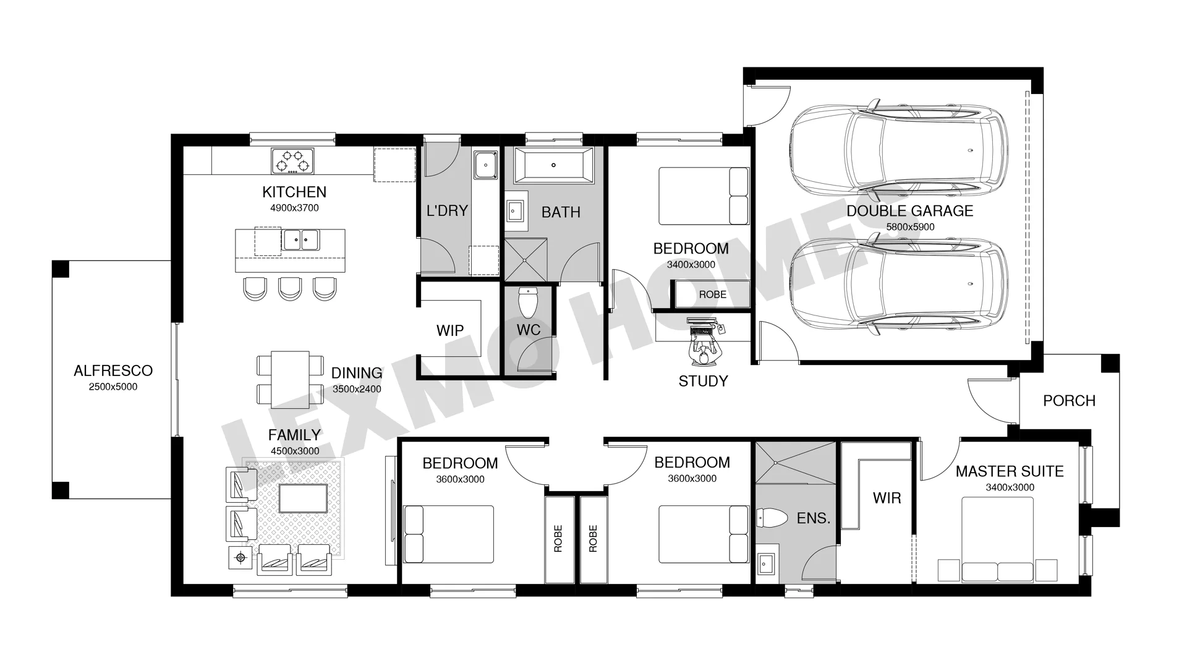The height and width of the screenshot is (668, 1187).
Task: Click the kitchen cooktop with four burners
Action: [292, 161]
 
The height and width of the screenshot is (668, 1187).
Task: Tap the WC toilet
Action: [529, 302]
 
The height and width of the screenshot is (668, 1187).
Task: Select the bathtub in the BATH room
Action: [553, 165]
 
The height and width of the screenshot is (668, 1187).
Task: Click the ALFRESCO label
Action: [113, 370]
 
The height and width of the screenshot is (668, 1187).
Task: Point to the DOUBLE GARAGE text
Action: [910, 211]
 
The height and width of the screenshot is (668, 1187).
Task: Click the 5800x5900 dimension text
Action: [910, 227]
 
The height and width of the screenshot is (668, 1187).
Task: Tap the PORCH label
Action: [1069, 401]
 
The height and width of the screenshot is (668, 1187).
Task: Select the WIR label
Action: [887, 498]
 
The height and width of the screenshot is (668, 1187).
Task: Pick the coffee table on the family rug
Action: [303, 499]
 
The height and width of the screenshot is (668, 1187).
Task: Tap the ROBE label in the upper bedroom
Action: [713, 294]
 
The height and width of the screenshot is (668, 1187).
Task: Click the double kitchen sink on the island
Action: [301, 239]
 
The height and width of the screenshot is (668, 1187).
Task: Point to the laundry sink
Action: [487, 165]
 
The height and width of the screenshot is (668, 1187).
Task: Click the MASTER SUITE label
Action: [1010, 471]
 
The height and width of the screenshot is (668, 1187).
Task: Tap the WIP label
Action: [450, 330]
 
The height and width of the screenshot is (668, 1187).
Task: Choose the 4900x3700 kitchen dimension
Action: [294, 208]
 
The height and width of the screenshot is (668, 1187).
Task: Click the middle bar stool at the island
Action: [290, 288]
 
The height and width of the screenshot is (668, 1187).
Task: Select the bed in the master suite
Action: [998, 539]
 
